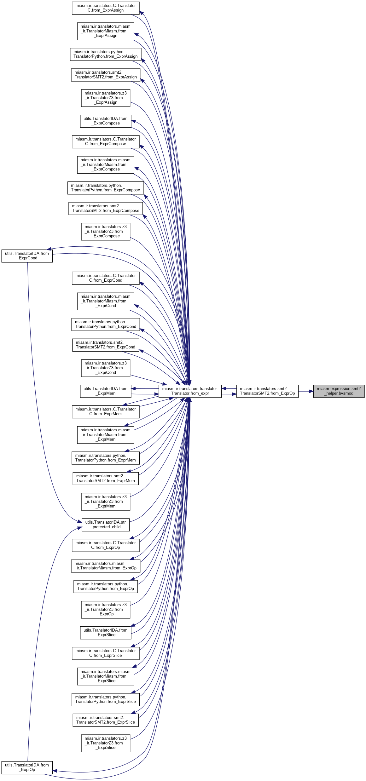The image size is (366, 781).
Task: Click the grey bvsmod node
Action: [x=339, y=391]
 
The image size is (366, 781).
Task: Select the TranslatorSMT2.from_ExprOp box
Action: [x=267, y=391]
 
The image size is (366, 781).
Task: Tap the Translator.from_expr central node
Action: [x=190, y=391]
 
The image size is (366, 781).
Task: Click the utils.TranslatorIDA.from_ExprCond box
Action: [x=27, y=256]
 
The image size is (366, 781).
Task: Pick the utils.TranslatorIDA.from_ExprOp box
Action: [x=27, y=767]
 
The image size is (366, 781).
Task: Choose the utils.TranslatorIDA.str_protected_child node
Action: [x=106, y=525]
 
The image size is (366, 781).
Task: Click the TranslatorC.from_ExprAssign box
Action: [x=106, y=8]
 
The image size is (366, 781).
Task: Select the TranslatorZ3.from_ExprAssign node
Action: [x=106, y=98]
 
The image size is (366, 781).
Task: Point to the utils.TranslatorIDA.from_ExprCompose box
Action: [x=106, y=121]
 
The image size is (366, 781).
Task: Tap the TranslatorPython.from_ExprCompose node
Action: [x=106, y=188]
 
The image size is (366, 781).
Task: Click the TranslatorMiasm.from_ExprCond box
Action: [x=106, y=301]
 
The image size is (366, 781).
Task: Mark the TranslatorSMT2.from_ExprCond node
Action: [x=106, y=345]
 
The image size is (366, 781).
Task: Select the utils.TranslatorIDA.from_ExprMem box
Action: [x=106, y=391]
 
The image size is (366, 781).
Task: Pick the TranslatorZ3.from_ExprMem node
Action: [x=106, y=502]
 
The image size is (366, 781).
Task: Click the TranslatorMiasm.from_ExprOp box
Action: [x=106, y=566]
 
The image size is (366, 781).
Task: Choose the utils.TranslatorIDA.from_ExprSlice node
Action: [x=106, y=633]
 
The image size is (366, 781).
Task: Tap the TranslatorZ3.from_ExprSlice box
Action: [x=106, y=743]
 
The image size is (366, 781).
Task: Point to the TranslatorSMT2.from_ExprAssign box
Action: [x=106, y=75]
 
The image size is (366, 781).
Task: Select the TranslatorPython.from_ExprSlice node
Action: [x=106, y=699]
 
